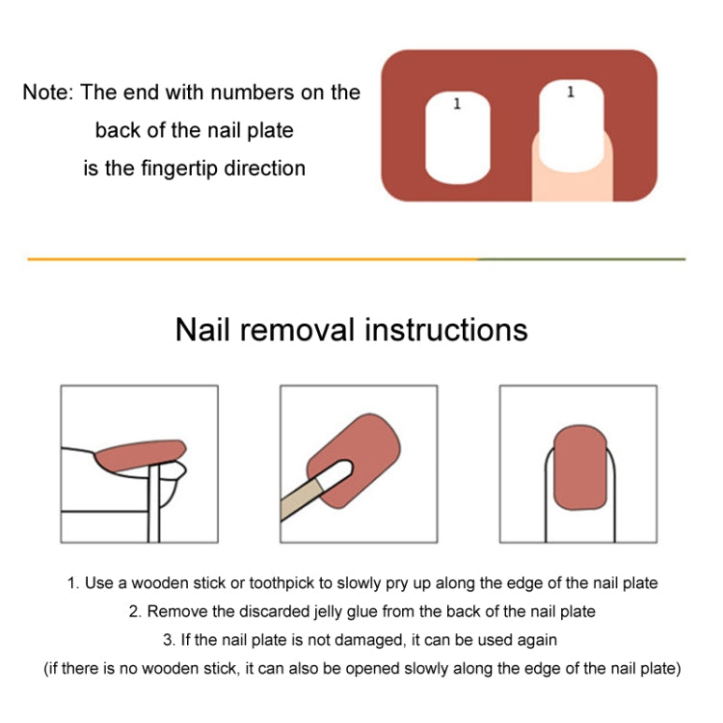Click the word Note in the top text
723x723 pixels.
pos(46,93)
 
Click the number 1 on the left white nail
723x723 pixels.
pos(457,104)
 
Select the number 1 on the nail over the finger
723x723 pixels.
pos(571,93)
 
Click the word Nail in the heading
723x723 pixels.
pos(203,330)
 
